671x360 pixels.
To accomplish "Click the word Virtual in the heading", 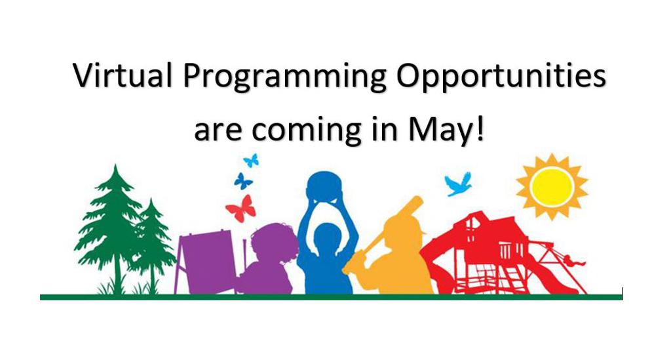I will (x=123, y=76).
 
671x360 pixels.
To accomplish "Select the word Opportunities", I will (x=501, y=77).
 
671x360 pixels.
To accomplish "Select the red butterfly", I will (x=240, y=209).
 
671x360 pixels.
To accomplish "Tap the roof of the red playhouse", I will (x=482, y=223).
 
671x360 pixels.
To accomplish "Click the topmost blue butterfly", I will (x=251, y=159).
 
